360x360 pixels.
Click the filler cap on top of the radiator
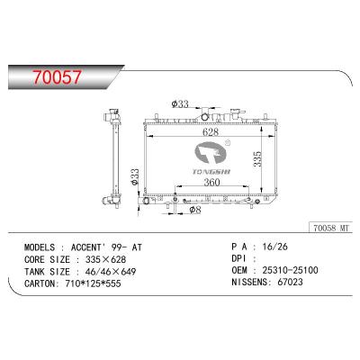click(x=209, y=117)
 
